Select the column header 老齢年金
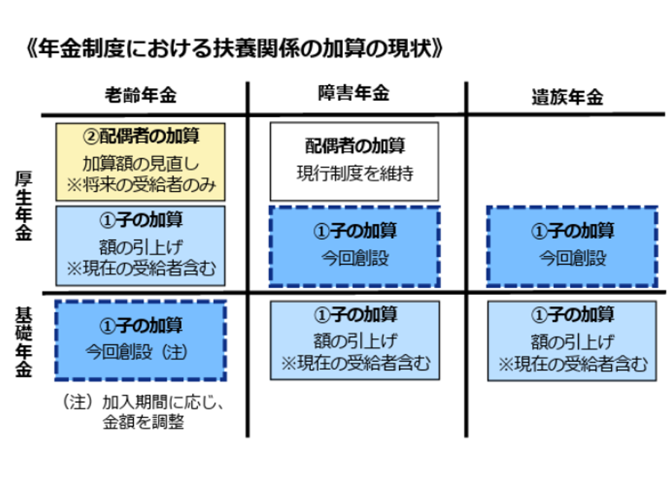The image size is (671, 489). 140,95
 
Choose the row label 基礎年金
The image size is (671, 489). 22,339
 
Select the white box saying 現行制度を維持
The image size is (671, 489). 354,161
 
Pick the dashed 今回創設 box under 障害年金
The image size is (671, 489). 354,246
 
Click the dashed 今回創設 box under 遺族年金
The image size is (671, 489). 572,246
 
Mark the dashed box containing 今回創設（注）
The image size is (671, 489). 140,340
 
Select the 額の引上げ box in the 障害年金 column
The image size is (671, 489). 354,340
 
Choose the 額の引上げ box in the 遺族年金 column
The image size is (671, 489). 572,340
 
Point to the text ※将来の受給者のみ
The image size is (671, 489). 140,184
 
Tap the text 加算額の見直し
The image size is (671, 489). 140,162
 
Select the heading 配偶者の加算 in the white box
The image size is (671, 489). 354,144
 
